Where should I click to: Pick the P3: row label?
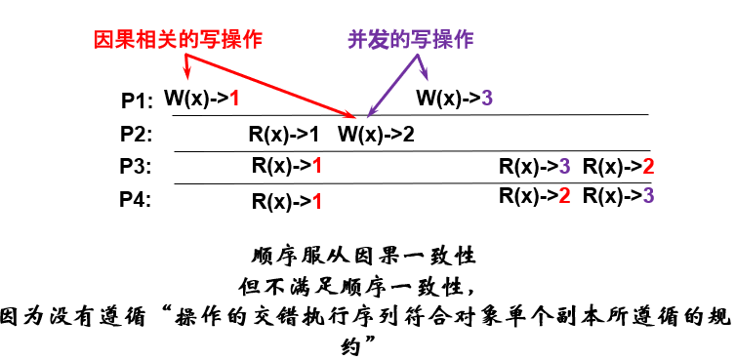(x=136, y=167)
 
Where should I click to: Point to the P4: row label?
(x=136, y=200)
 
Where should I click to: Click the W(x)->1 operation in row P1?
(x=201, y=99)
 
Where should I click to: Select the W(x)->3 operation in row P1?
(x=455, y=99)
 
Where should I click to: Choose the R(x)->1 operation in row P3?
(x=286, y=167)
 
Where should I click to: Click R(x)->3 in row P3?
(x=534, y=167)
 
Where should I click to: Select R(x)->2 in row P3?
(x=618, y=167)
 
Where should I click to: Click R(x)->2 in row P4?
(x=534, y=195)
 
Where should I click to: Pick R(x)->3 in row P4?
(x=618, y=195)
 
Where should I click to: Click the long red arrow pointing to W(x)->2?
(x=273, y=87)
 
